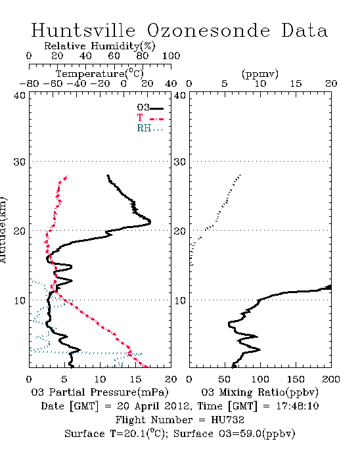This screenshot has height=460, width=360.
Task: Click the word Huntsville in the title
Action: (x=83, y=30)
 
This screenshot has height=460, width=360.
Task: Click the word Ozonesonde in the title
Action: (x=208, y=30)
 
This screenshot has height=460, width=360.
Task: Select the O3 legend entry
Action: (x=150, y=108)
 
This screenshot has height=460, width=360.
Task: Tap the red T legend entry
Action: (x=150, y=118)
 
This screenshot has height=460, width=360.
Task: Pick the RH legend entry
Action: (x=150, y=128)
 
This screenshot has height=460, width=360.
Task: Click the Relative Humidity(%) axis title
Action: (x=100, y=46)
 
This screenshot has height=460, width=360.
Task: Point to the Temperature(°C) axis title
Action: (x=100, y=74)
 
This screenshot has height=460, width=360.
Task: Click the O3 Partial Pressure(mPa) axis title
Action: (x=100, y=392)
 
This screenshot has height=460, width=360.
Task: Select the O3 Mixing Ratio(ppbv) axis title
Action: (x=259, y=392)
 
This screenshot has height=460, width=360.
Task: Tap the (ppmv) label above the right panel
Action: (x=260, y=74)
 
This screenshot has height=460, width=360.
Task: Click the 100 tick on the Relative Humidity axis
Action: (x=171, y=56)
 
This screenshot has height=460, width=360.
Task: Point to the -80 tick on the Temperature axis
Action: (x=29, y=83)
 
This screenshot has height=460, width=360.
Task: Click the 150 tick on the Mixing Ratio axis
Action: (x=296, y=379)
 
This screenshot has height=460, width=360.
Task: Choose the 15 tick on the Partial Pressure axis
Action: (x=135, y=379)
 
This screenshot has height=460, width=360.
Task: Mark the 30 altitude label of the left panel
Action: (x=19, y=162)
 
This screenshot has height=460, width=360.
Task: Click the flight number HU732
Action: (x=228, y=420)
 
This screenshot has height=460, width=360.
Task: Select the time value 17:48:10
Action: (x=298, y=406)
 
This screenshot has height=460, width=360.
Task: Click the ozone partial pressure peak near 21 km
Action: (x=150, y=222)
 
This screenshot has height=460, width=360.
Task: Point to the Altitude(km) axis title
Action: (x=3, y=230)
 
